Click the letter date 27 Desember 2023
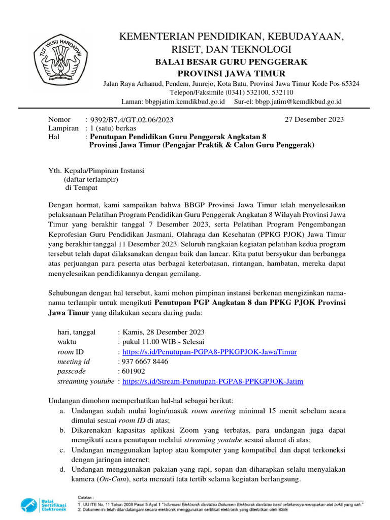pos(313,120)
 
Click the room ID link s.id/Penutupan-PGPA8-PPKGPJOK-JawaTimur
pos(209,352)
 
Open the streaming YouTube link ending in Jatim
pos(213,381)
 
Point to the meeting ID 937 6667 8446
pos(145,362)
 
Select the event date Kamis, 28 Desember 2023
pos(163,333)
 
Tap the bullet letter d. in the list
pos(61,469)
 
